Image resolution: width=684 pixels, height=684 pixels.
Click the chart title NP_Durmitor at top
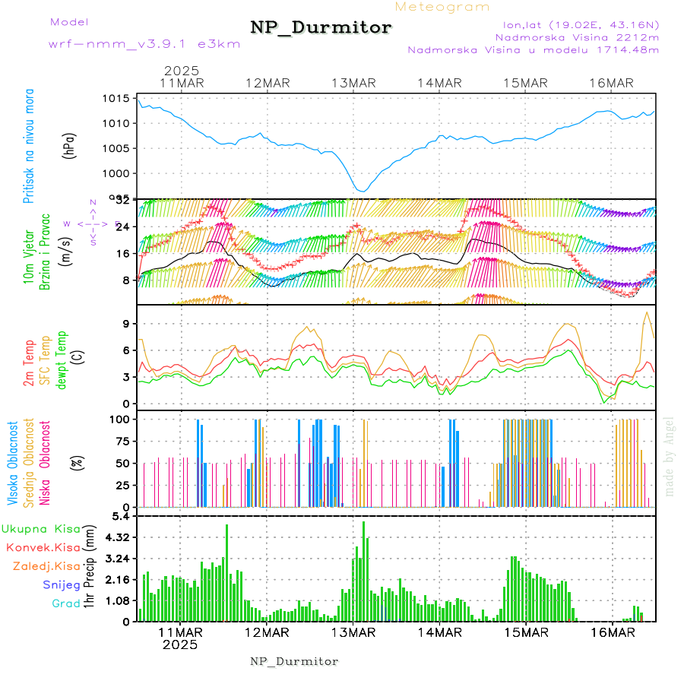(321, 28)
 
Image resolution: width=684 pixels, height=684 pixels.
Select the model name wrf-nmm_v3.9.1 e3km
(144, 44)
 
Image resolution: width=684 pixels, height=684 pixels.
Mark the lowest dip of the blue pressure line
(363, 191)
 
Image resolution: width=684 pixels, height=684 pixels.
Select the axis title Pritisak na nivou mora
(29, 147)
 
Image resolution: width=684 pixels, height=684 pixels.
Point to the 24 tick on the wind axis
(125, 226)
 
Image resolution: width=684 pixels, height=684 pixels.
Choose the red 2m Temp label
(29, 363)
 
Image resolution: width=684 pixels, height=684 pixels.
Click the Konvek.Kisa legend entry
(42, 547)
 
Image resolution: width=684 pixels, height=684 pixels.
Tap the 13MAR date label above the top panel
(354, 83)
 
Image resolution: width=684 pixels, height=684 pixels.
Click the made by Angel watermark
(669, 456)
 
